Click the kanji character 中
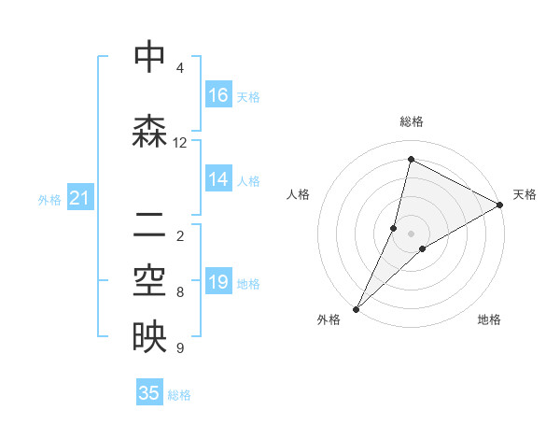tap(149, 58)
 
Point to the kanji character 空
tap(149, 280)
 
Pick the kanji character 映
tap(149, 337)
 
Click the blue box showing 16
tap(218, 96)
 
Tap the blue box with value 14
tap(218, 180)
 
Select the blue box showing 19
tap(218, 283)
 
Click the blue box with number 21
tap(79, 199)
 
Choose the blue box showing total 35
tap(149, 393)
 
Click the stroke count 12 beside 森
tap(180, 143)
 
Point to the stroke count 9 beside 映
tap(180, 348)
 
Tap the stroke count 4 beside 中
tap(180, 68)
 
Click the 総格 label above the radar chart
tap(412, 121)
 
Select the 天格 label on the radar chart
tap(525, 194)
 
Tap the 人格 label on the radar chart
tap(299, 194)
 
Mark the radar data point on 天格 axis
tap(500, 205)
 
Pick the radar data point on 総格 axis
tap(411, 160)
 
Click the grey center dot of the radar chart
tap(411, 234)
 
